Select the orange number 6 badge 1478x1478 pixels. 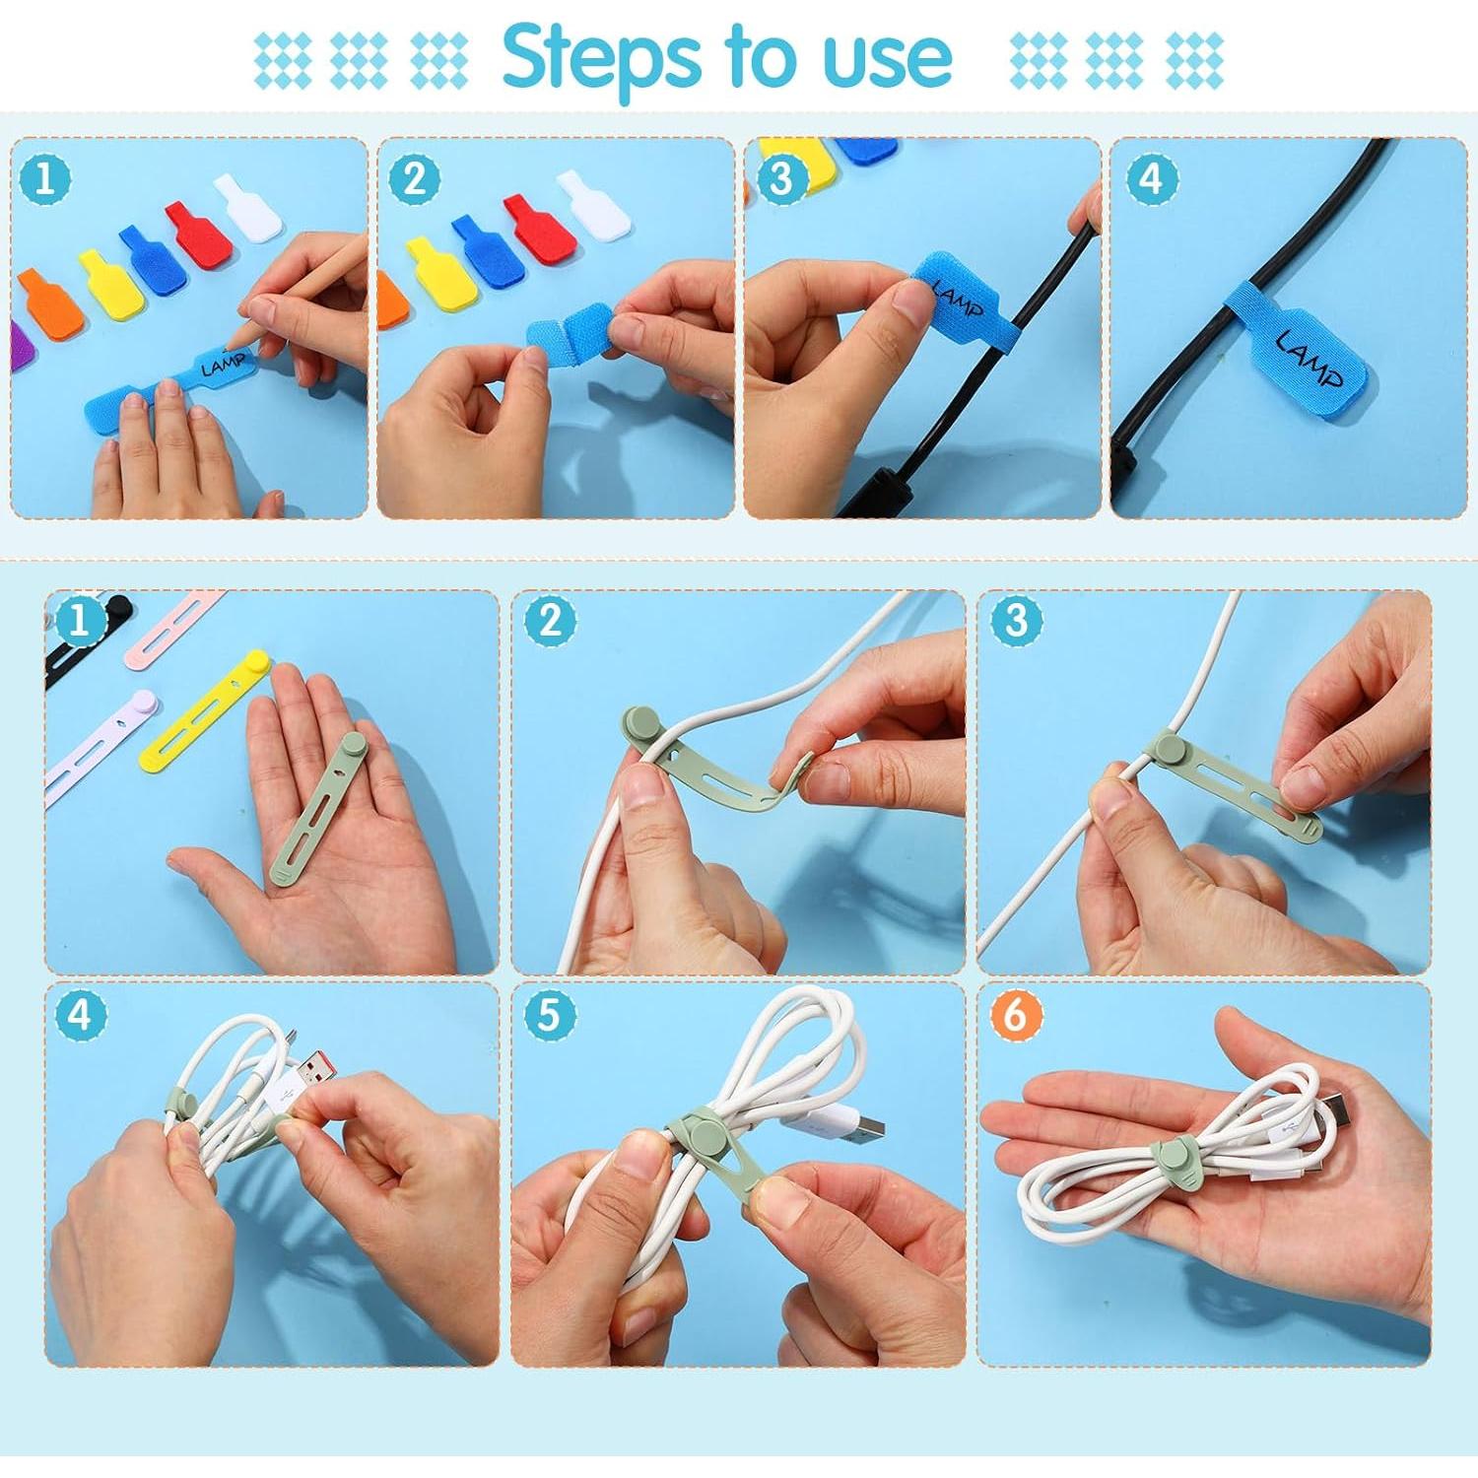tap(1015, 1014)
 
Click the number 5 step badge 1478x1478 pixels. tap(549, 1014)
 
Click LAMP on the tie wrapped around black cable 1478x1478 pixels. tap(1309, 360)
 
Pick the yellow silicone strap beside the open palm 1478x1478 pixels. tap(211, 709)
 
